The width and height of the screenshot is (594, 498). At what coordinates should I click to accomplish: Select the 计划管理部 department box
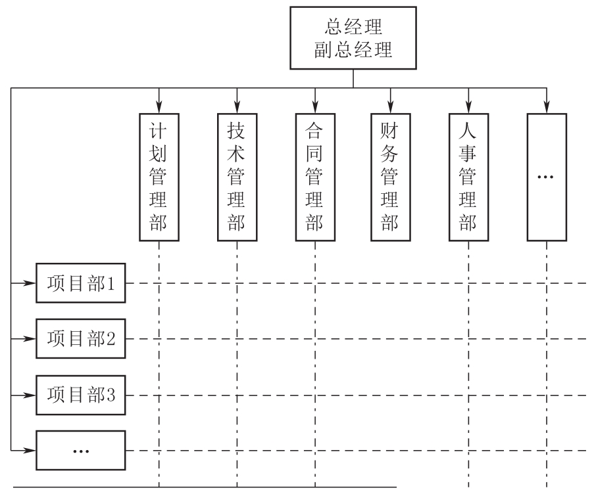[x=159, y=177]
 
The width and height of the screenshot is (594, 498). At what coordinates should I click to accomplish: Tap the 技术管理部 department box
[x=237, y=177]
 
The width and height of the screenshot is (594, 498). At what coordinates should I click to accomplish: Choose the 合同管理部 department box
[x=314, y=177]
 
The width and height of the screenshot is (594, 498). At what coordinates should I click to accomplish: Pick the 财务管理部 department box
[x=391, y=177]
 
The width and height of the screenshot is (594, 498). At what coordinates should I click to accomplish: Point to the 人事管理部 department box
[x=468, y=177]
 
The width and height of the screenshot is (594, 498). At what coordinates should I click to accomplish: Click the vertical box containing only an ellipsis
[x=546, y=177]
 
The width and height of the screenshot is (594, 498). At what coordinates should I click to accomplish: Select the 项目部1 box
[x=81, y=284]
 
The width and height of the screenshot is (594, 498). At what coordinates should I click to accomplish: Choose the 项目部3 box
[x=81, y=396]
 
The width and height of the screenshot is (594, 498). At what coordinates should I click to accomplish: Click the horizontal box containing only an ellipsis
[x=81, y=450]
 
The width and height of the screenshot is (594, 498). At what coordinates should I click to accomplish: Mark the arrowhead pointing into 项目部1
[x=30, y=284]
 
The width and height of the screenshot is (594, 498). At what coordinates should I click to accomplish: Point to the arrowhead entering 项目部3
[x=30, y=396]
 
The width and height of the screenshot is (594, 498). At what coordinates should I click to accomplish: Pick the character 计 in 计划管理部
[x=159, y=129]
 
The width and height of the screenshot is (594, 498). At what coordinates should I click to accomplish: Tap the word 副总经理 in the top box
[x=354, y=51]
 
